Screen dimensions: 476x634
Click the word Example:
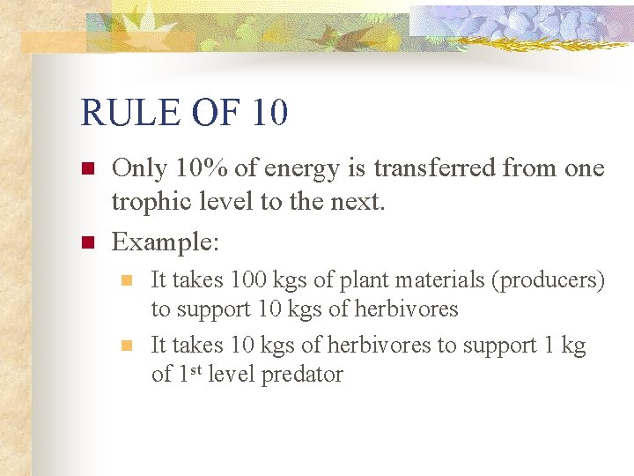tap(166, 240)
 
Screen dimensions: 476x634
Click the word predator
tap(300, 375)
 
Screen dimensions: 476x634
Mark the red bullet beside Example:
tap(86, 241)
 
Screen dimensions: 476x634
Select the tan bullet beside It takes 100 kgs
tap(127, 280)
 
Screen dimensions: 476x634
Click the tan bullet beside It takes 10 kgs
tap(127, 346)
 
